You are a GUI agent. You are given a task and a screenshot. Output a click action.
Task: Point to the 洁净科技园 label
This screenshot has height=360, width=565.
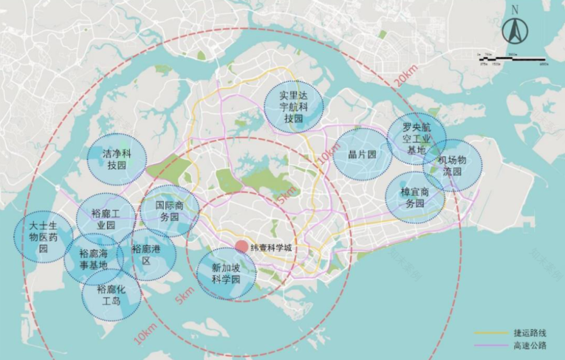116,159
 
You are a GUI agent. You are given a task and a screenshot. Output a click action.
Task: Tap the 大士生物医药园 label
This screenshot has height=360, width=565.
43,236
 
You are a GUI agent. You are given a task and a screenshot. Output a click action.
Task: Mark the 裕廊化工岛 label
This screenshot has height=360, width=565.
111,295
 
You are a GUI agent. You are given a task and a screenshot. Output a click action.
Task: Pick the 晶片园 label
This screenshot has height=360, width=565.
361,155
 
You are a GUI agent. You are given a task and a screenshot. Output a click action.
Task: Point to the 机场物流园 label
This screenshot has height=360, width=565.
452,165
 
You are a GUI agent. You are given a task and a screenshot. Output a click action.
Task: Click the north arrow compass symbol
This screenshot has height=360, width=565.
514,31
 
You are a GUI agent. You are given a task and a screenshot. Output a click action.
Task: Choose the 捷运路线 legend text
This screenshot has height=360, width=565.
526,333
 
